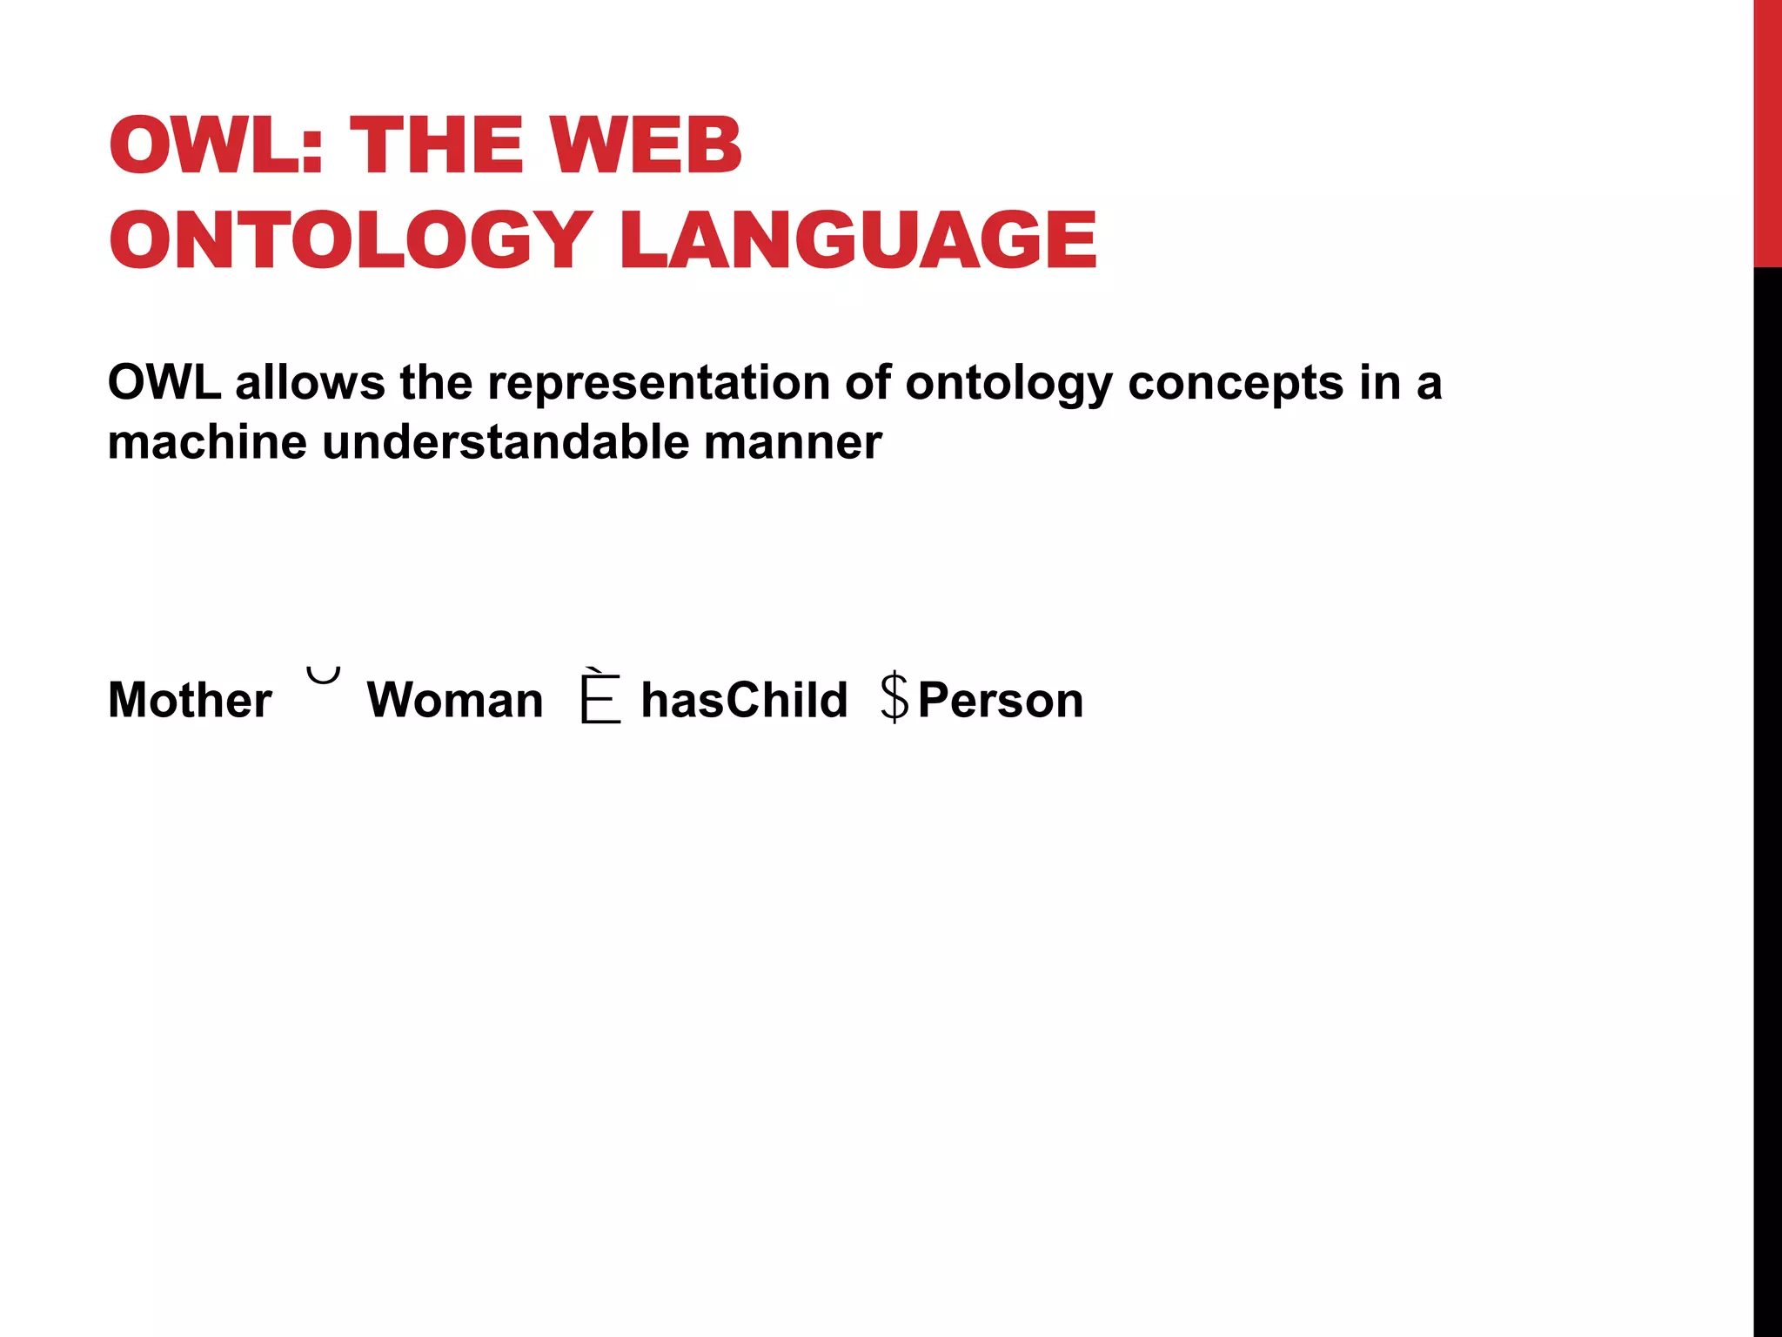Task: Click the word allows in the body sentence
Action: [310, 383]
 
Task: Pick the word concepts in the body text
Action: [1236, 383]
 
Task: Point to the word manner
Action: [793, 442]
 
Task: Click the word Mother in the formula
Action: [190, 700]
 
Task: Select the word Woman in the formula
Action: [455, 700]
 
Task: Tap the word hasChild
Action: [744, 700]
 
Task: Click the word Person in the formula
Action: [1001, 700]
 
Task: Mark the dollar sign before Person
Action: [894, 697]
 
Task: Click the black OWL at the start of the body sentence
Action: [164, 383]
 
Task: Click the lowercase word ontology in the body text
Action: [1008, 385]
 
